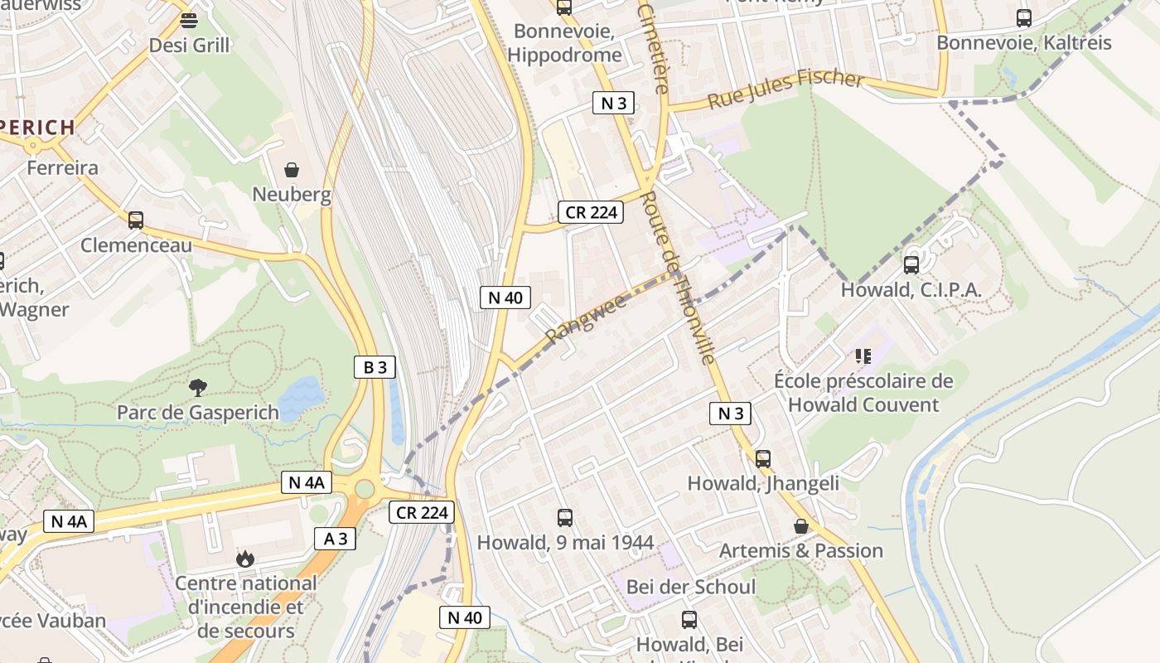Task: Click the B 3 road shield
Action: [375, 367]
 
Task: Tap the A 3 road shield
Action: [335, 539]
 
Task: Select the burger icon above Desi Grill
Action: [189, 21]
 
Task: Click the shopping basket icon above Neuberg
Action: [292, 170]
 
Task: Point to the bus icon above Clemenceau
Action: [136, 220]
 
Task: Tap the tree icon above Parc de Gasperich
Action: [197, 387]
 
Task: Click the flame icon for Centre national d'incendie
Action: [244, 559]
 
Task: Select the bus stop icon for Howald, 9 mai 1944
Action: [565, 518]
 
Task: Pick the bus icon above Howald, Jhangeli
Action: [763, 458]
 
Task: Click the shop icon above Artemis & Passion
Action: [800, 526]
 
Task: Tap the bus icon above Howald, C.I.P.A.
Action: [911, 265]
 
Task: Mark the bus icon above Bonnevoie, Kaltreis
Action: [1024, 17]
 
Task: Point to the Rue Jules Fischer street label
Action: [785, 90]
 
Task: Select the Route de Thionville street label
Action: [678, 278]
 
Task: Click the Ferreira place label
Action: [62, 167]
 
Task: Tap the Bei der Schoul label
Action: [690, 587]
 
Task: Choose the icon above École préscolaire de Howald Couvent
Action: [863, 356]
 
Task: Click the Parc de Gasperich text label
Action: [198, 412]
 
